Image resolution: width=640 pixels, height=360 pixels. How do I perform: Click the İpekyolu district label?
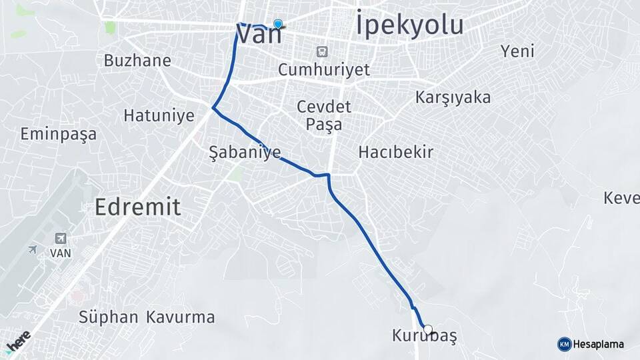point(409,25)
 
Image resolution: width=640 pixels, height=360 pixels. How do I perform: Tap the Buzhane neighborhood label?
point(137,61)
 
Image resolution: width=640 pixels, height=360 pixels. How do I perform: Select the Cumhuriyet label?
point(323,69)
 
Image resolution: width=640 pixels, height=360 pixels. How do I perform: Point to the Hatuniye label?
point(159,115)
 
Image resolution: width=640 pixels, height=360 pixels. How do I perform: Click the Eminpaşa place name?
point(58,134)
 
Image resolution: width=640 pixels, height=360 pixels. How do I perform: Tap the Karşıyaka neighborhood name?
point(453,97)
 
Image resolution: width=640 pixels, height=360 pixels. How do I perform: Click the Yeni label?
point(518,51)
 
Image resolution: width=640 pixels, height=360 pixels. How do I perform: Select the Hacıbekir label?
point(396,152)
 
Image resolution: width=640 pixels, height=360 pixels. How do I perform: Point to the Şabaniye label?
point(245,152)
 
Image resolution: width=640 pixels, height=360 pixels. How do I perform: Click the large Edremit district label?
point(137,207)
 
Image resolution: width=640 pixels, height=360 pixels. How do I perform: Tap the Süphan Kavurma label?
point(147,317)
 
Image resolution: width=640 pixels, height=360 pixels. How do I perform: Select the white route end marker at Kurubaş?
point(428,329)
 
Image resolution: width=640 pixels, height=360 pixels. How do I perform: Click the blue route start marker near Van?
point(278,23)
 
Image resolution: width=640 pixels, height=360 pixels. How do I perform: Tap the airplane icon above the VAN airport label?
point(61,238)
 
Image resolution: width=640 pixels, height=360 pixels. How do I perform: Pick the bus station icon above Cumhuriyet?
point(323,51)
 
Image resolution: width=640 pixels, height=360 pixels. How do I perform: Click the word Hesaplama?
point(599,345)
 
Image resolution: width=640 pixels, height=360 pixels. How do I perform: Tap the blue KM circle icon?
point(564,345)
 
